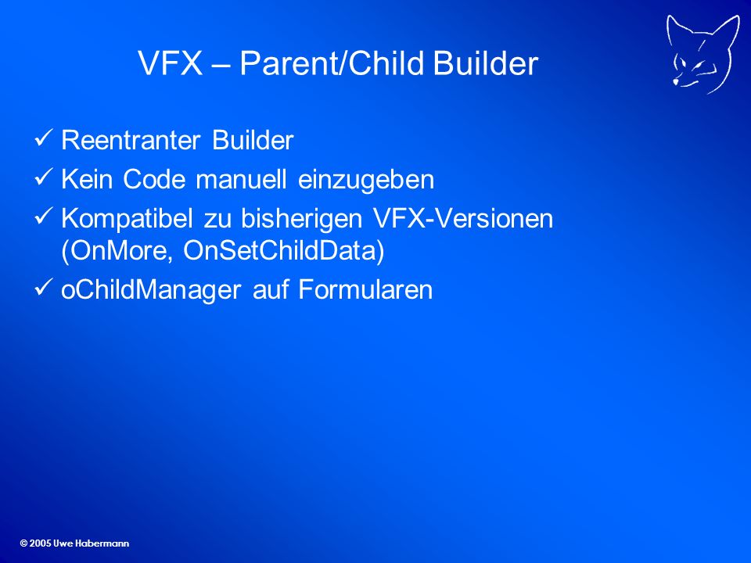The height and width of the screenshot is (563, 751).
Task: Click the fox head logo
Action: point(702,54)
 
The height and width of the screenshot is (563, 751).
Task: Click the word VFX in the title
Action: point(170,63)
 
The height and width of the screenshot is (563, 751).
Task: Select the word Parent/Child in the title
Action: point(332,63)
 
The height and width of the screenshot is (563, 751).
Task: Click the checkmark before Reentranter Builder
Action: point(44,138)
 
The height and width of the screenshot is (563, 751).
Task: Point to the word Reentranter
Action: point(131,140)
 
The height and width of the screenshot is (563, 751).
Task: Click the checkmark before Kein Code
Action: point(44,177)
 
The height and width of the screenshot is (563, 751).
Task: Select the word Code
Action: point(154,180)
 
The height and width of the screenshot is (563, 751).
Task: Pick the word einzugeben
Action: point(366,181)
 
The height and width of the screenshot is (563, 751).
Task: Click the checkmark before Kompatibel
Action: point(44,216)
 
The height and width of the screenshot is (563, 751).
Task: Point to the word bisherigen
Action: point(302,220)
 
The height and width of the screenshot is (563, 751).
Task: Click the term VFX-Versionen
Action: point(463,218)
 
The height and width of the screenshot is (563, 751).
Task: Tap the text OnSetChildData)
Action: point(284,251)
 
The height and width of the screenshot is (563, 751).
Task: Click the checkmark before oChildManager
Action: point(44,287)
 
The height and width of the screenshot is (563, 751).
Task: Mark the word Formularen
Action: point(365,289)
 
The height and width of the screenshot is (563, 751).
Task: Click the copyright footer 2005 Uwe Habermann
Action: point(75,543)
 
